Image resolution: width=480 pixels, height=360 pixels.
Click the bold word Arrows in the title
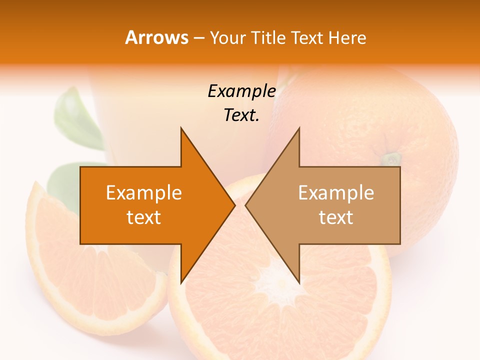pyautogui.click(x=156, y=37)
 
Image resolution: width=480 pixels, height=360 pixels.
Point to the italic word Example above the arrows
pyautogui.click(x=241, y=91)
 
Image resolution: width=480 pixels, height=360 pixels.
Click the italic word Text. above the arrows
pyautogui.click(x=241, y=115)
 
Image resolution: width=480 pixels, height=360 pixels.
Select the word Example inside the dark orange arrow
pyautogui.click(x=143, y=192)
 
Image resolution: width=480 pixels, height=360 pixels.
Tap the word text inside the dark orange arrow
pyautogui.click(x=143, y=217)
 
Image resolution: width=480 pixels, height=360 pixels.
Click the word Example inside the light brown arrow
pyautogui.click(x=336, y=192)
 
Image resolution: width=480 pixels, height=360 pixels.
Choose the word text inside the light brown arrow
pyautogui.click(x=336, y=217)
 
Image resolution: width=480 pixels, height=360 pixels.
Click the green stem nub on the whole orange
pyautogui.click(x=392, y=159)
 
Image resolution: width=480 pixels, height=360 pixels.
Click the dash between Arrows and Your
pyautogui.click(x=198, y=38)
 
